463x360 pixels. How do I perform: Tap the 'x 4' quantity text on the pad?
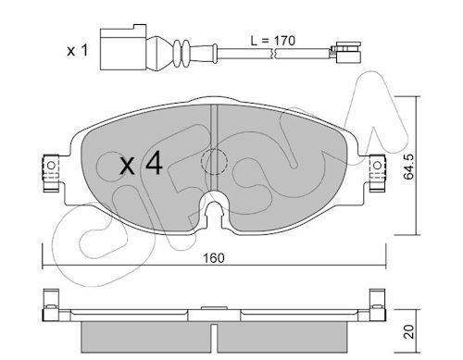pos(143,165)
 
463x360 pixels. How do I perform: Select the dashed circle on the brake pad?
pos(216,163)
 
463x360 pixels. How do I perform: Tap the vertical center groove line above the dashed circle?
pos(215,125)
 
